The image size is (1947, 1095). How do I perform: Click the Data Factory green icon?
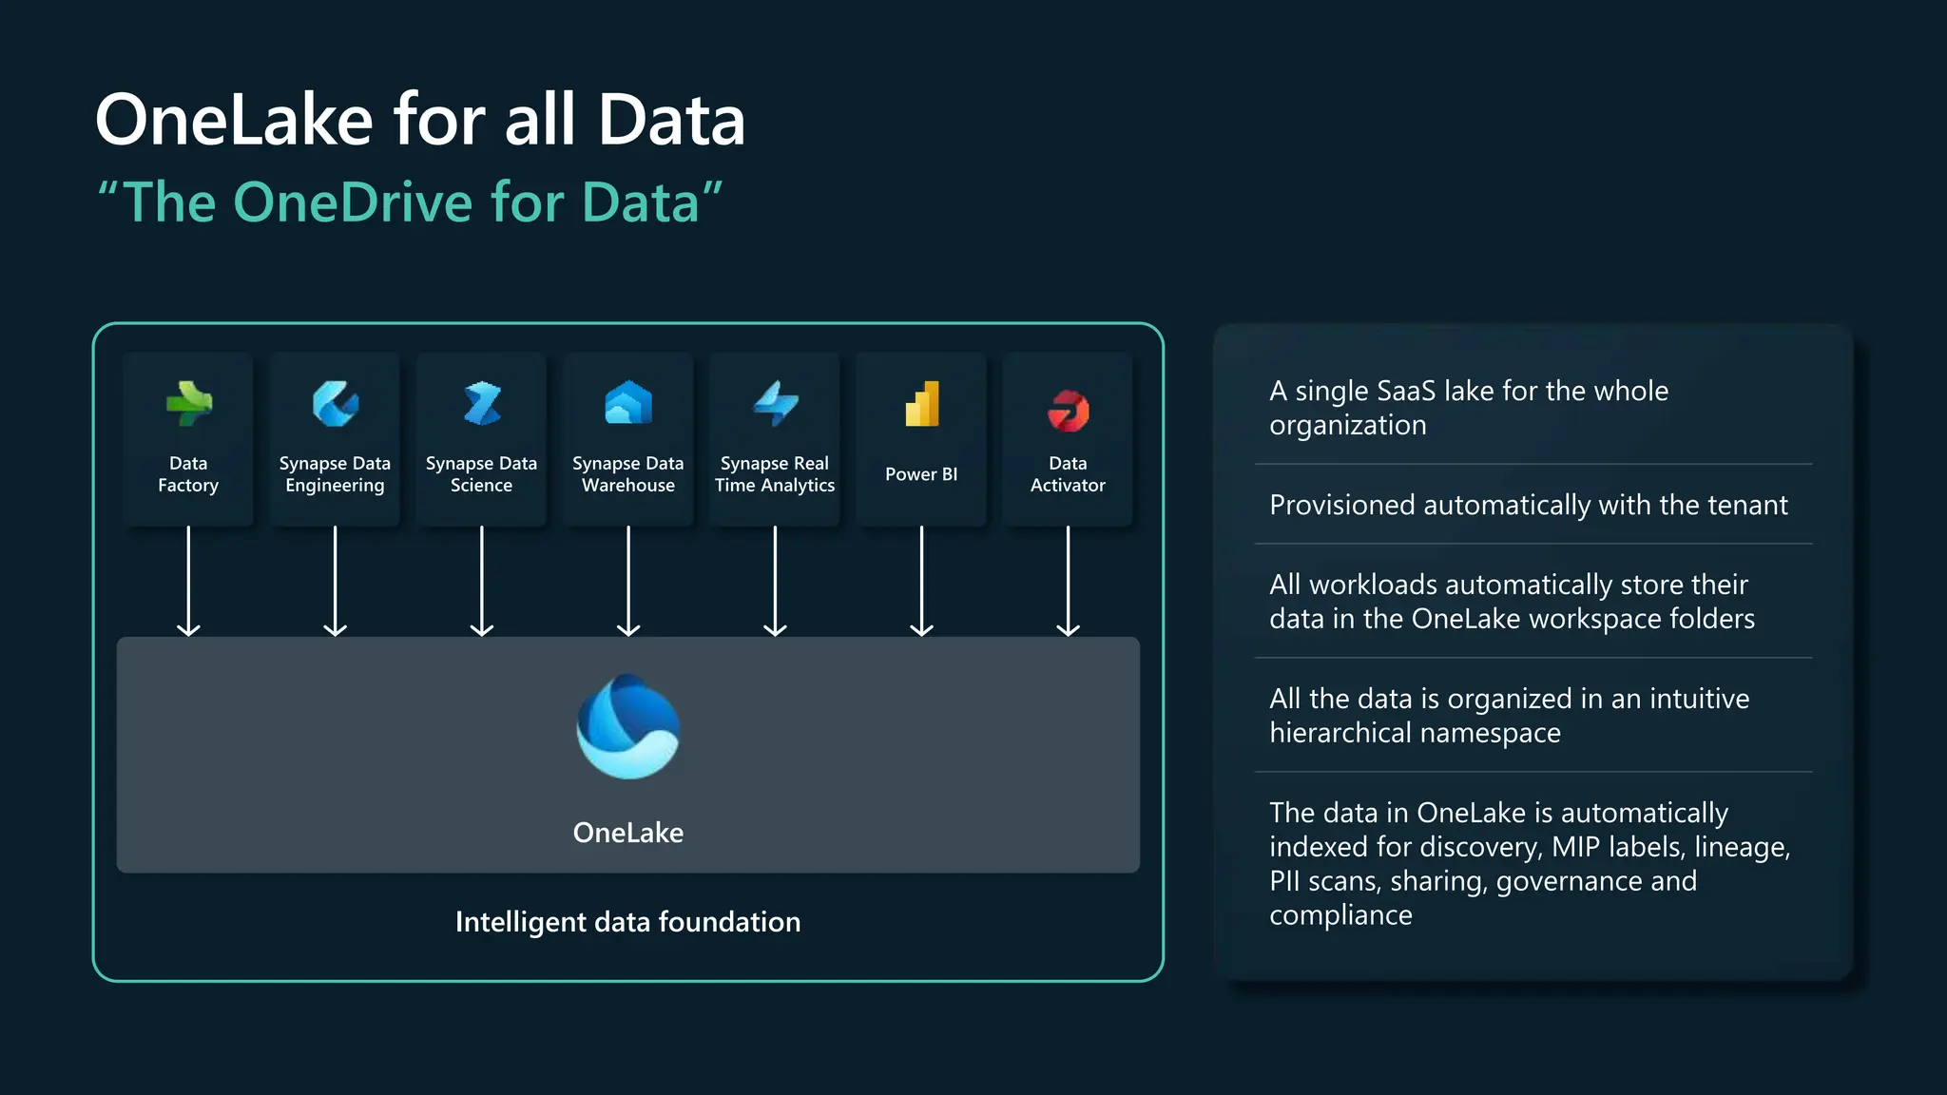(x=188, y=405)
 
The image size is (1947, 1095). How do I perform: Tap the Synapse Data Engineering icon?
(x=335, y=405)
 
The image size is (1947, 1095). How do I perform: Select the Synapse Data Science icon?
(x=482, y=405)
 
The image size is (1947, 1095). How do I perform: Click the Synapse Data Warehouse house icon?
(x=628, y=403)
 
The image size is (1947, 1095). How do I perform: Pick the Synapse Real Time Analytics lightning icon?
(x=775, y=404)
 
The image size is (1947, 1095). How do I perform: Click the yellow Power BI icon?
(x=921, y=404)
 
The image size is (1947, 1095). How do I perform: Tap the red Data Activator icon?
(x=1068, y=411)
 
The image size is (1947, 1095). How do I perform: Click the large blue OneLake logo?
(x=628, y=727)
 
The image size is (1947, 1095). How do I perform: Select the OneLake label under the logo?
(x=628, y=833)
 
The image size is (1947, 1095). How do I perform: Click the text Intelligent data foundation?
(x=628, y=922)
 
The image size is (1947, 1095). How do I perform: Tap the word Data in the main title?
(x=671, y=121)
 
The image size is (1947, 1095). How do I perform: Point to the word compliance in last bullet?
(x=1340, y=915)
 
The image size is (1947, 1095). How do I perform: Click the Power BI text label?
(x=921, y=474)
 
